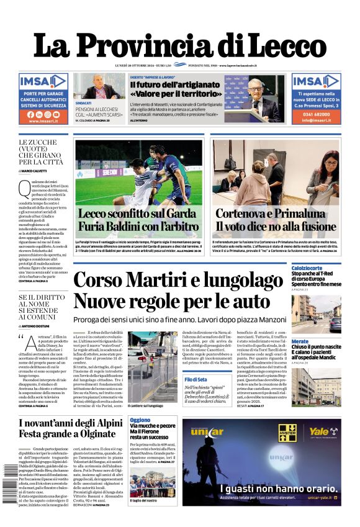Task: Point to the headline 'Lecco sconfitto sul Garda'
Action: [x=138, y=215]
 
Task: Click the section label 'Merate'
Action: [x=300, y=341]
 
